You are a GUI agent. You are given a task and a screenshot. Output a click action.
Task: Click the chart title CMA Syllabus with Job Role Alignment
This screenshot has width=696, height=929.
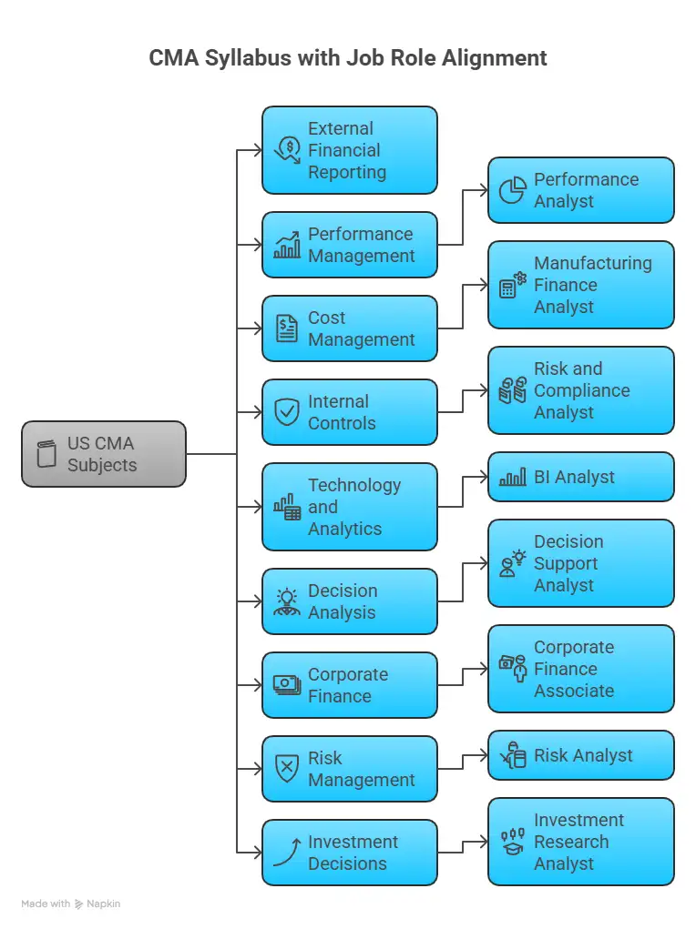pos(348,58)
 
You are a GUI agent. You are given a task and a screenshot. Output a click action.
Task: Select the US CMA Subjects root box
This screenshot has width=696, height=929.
pos(104,454)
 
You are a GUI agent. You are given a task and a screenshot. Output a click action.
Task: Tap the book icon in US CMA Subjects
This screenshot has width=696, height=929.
pos(46,454)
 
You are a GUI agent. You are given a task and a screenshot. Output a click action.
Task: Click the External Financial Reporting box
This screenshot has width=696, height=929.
pos(349,150)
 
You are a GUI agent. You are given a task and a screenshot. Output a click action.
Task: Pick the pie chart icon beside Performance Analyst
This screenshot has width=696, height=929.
pos(513,191)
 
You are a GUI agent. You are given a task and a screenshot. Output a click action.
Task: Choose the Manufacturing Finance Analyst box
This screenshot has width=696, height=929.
pos(580,285)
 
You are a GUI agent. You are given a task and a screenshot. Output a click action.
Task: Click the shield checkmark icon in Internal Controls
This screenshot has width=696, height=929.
pos(287,412)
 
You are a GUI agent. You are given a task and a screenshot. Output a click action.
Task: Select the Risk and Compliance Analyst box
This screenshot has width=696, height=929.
pos(580,390)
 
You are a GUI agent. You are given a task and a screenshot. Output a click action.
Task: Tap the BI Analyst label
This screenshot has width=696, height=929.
pos(574,477)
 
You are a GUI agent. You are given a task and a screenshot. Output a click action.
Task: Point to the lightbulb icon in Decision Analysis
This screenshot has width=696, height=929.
pos(287,601)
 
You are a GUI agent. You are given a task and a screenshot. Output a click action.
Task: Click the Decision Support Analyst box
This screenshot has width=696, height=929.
pos(580,563)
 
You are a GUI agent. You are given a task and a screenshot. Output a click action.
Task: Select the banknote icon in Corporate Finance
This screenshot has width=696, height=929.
pos(287,685)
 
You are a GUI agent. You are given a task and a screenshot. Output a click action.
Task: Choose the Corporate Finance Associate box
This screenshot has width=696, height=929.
pos(580,669)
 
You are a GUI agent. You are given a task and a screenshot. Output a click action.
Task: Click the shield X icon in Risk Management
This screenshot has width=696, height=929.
pos(287,769)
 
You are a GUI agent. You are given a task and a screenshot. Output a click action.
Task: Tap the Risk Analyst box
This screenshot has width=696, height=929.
pos(580,755)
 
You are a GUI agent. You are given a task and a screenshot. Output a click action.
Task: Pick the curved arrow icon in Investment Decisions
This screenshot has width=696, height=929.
pos(287,853)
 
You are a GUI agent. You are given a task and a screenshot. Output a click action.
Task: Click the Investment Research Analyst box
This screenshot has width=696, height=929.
pos(580,842)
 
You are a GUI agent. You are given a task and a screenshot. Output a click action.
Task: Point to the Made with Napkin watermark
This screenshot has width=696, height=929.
pos(71,904)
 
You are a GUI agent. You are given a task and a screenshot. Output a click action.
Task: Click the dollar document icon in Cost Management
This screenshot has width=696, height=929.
pos(287,328)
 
